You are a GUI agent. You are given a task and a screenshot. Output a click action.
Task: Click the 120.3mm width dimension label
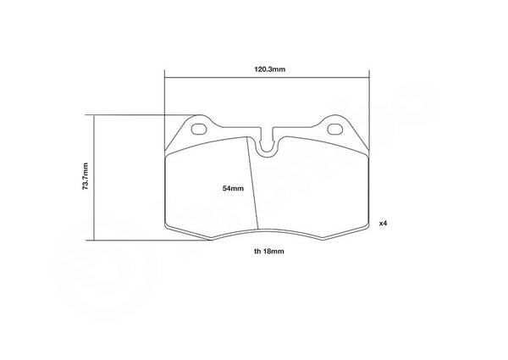point(269,69)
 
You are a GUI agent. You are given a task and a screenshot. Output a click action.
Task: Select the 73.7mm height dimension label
point(86,176)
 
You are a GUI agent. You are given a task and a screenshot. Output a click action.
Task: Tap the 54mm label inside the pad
point(234,188)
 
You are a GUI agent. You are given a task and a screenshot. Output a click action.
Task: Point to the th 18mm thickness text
point(269,251)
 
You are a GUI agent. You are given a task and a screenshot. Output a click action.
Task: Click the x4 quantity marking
point(384,224)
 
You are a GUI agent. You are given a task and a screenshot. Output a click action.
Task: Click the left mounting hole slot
point(199,130)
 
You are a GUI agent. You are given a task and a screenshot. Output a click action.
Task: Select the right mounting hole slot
point(335,130)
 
